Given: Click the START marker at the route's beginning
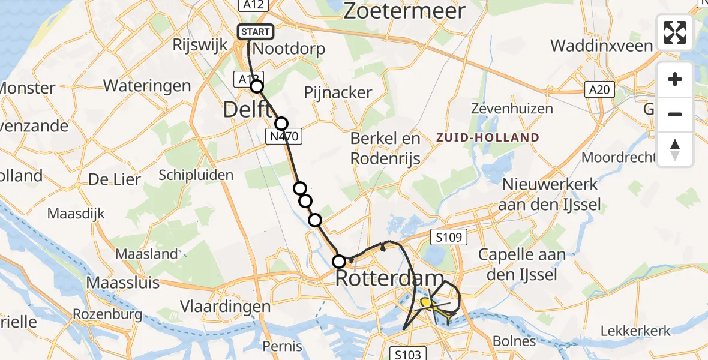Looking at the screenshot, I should (256, 32).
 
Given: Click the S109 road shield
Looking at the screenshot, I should (448, 238).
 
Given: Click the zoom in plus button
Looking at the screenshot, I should (675, 79).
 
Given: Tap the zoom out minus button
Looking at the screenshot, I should (675, 114).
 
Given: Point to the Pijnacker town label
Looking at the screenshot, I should (338, 92).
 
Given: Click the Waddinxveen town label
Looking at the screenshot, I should (601, 46).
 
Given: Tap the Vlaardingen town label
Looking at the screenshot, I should (227, 306).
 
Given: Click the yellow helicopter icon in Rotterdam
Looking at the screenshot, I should (426, 303).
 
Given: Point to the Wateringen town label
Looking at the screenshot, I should (147, 85).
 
